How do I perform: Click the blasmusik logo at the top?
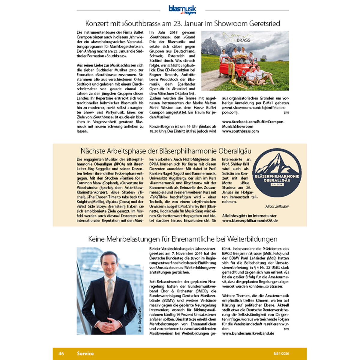pyautogui.click(x=182, y=10)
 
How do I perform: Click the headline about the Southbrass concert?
pyautogui.click(x=183, y=23)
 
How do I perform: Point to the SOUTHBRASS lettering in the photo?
pyautogui.click(x=237, y=40)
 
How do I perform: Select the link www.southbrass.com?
pyautogui.click(x=240, y=131)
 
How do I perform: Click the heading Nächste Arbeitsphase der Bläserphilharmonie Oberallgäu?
pyautogui.click(x=166, y=151)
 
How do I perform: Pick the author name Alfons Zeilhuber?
pyautogui.click(x=277, y=206)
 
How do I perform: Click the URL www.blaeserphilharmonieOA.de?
pyautogui.click(x=250, y=220)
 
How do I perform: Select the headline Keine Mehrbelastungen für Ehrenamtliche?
pyautogui.click(x=183, y=239)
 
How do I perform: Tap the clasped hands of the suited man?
pyautogui.click(x=110, y=325)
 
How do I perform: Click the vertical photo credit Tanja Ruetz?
pyautogui.click(x=140, y=319)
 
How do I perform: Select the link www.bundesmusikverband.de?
pyautogui.click(x=248, y=333)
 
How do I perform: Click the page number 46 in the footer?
pyautogui.click(x=61, y=353)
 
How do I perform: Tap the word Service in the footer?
pyautogui.click(x=85, y=353)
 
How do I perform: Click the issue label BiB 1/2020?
pyautogui.click(x=281, y=354)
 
